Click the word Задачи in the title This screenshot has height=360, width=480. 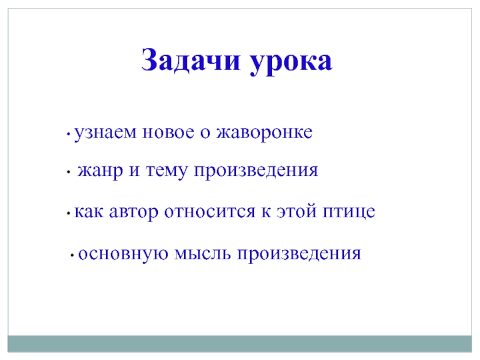(x=190, y=61)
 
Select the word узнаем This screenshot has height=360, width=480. (x=106, y=133)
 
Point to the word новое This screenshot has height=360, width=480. (x=169, y=133)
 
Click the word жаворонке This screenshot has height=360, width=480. (x=265, y=133)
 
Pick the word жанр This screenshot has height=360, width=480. (x=100, y=171)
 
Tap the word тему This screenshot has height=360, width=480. (x=166, y=171)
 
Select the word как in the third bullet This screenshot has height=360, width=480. (x=89, y=212)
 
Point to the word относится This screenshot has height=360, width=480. (x=209, y=212)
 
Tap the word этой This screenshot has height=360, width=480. (x=296, y=211)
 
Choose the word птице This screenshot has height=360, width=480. (x=349, y=212)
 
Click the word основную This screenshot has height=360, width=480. (x=124, y=254)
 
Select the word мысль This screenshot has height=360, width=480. (x=202, y=254)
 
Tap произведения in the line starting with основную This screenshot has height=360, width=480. (x=299, y=254)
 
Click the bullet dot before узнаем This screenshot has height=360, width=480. (x=68, y=133)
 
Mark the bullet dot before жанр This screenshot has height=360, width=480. (x=68, y=172)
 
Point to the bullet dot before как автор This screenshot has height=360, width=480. (x=68, y=214)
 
